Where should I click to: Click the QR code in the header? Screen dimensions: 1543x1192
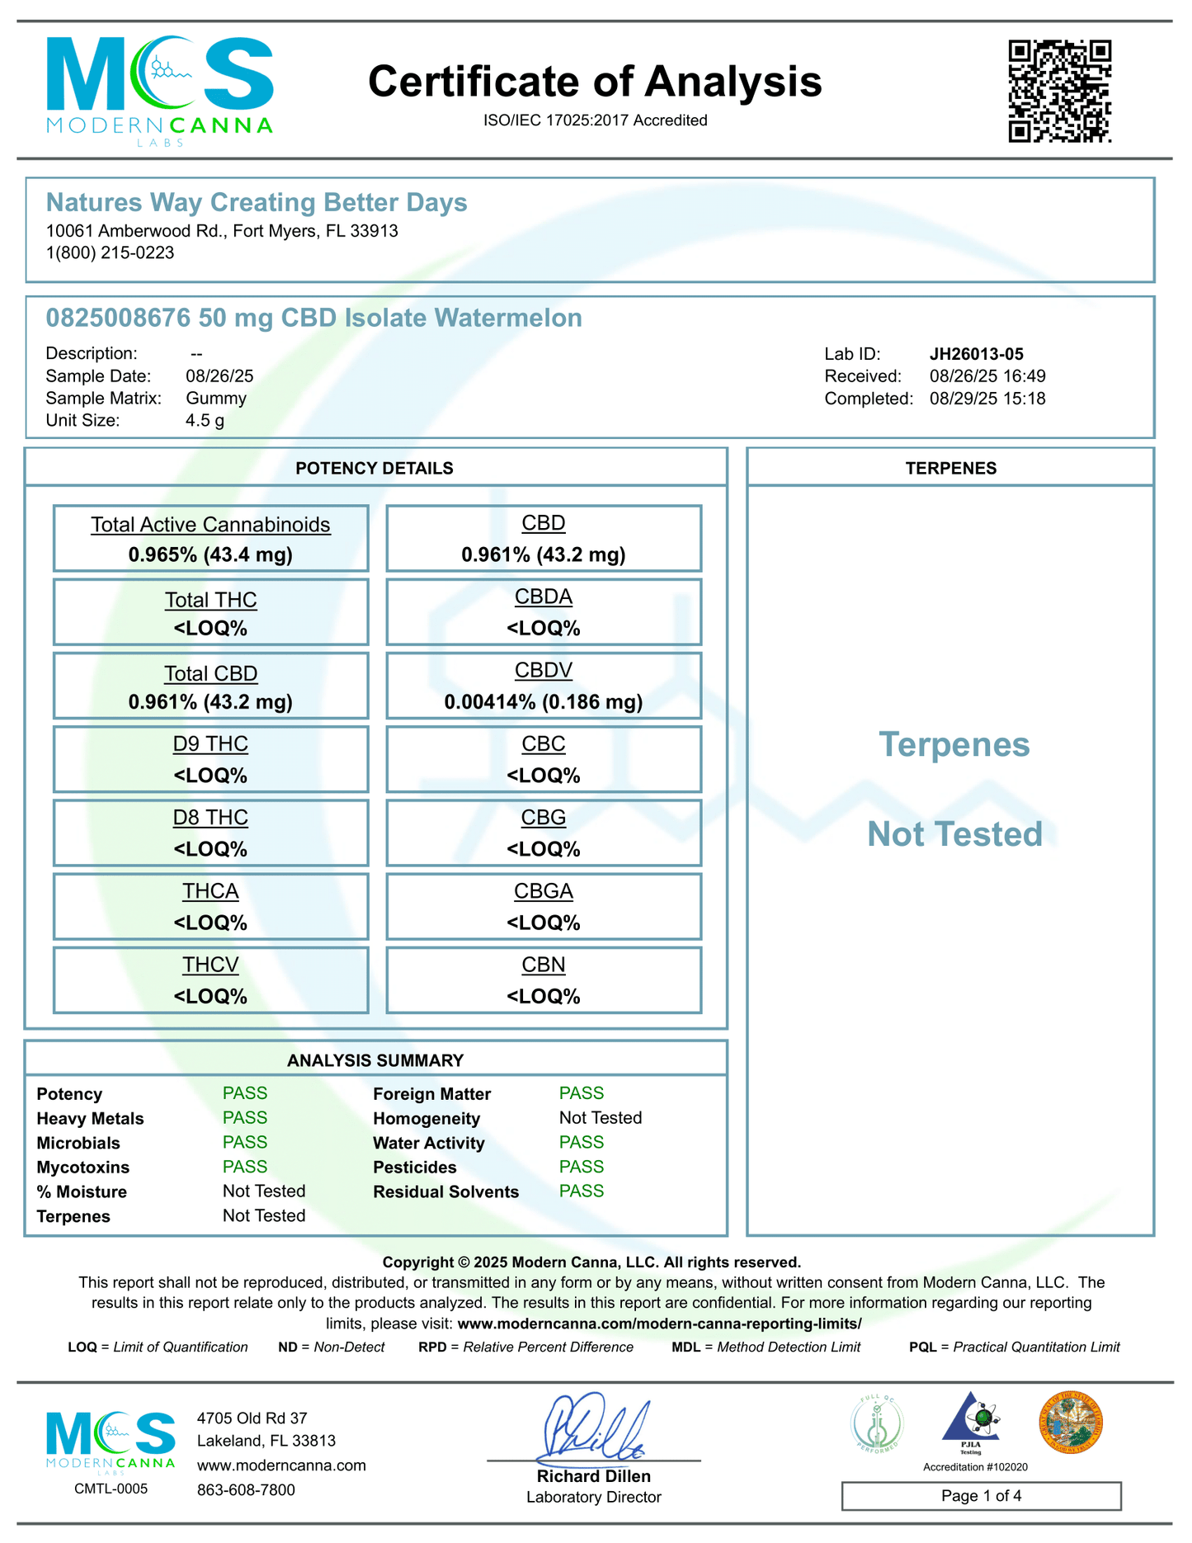1059,91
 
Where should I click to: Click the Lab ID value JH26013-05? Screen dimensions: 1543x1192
976,354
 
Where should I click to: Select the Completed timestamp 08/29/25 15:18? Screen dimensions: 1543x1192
987,399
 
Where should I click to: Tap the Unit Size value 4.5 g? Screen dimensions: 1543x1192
205,421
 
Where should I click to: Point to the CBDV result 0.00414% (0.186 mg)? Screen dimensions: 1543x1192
543,702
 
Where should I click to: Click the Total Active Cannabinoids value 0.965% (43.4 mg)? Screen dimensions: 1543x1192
210,554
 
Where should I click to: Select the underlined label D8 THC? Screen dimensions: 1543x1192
210,818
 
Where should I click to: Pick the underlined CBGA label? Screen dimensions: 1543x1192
543,891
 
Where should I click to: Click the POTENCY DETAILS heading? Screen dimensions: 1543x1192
375,469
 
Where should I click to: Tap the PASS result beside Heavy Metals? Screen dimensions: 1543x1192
245,1118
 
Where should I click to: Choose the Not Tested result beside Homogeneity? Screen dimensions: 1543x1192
600,1118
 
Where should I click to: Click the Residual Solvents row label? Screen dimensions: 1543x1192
445,1191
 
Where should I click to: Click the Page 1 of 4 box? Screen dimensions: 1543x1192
981,1496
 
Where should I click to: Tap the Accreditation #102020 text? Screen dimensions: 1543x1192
975,1467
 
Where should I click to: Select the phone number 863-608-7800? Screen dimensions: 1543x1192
246,1490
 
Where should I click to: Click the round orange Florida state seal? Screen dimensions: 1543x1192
1070,1423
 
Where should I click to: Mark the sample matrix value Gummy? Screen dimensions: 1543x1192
216,399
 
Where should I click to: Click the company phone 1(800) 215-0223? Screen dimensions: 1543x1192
110,253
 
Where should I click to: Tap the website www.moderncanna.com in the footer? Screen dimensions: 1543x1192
281,1465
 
